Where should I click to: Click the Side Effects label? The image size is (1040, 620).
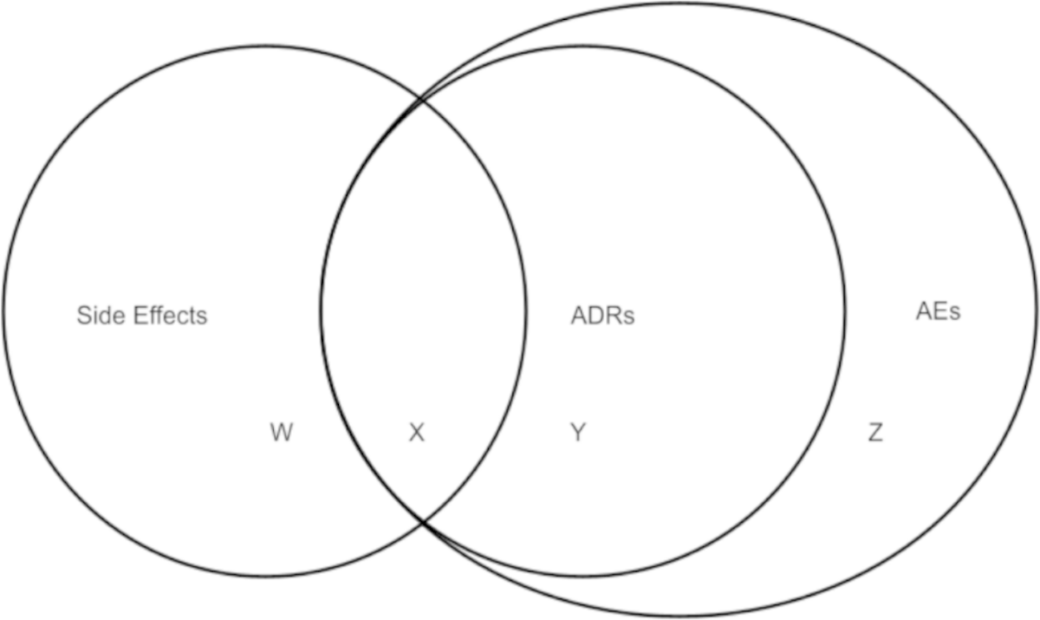click(142, 315)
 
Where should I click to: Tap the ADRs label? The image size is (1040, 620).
click(602, 316)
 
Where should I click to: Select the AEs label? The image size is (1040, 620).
click(938, 311)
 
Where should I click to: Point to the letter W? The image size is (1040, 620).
click(281, 433)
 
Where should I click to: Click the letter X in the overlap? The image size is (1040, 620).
click(417, 433)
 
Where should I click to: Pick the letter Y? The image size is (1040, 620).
click(578, 433)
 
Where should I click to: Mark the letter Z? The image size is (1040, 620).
click(875, 433)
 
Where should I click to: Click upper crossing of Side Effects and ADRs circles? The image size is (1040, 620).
click(422, 101)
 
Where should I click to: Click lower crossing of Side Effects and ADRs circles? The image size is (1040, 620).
click(423, 520)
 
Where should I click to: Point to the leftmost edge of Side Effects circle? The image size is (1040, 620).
click(3, 310)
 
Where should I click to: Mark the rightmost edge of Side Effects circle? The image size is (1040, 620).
click(525, 310)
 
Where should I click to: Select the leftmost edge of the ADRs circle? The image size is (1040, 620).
click(321, 310)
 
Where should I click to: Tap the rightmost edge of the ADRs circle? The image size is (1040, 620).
click(845, 310)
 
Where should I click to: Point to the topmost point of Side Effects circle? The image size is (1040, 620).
click(264, 46)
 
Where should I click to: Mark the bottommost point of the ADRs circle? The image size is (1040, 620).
click(582, 576)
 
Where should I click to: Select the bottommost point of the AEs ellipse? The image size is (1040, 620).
click(685, 616)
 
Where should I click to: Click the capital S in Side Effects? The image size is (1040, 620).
click(83, 315)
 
